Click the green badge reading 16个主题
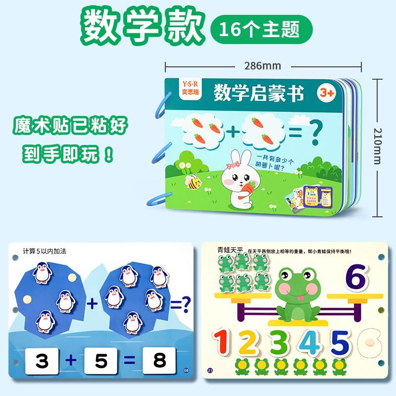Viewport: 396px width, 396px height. tap(262, 28)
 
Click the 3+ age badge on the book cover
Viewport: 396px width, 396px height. tap(326, 93)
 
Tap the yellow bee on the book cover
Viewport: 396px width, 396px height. tap(194, 183)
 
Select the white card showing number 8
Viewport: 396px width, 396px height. tap(159, 361)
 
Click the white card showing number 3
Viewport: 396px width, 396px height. tap(43, 361)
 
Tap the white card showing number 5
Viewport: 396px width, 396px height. tap(102, 361)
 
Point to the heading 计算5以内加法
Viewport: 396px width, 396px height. tap(44, 251)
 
